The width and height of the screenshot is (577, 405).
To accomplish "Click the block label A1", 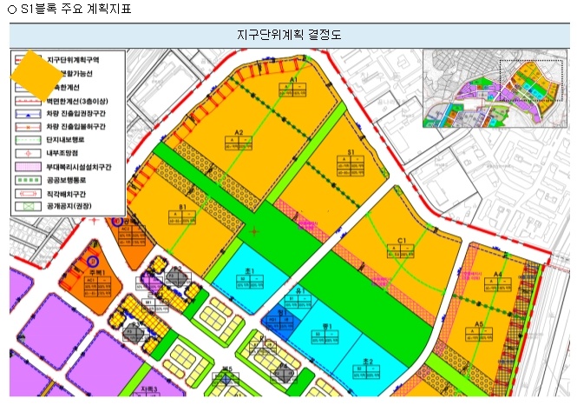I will click(293, 79).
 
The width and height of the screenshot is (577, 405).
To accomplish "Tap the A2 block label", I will click(237, 133).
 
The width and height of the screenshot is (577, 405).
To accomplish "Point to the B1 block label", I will click(183, 208).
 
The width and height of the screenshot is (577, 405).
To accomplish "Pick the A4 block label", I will click(497, 276).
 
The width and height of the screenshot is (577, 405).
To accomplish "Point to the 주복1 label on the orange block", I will click(95, 273).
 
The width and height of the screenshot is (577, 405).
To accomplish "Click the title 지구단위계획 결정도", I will click(289, 36).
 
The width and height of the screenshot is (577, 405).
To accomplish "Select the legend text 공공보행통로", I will click(69, 178).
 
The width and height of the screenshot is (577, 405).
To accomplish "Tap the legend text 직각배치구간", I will click(69, 192).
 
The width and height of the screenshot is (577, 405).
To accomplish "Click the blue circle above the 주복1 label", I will click(94, 259).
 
